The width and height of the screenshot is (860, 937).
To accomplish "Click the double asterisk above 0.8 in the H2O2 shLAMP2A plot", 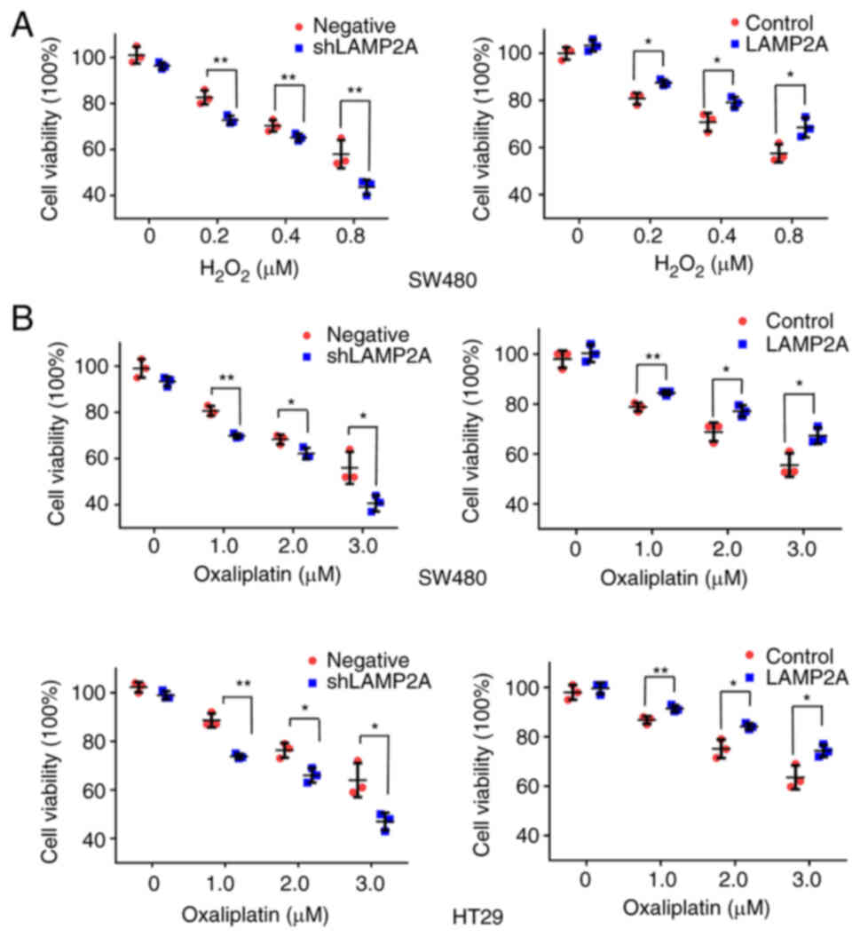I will [x=358, y=90].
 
